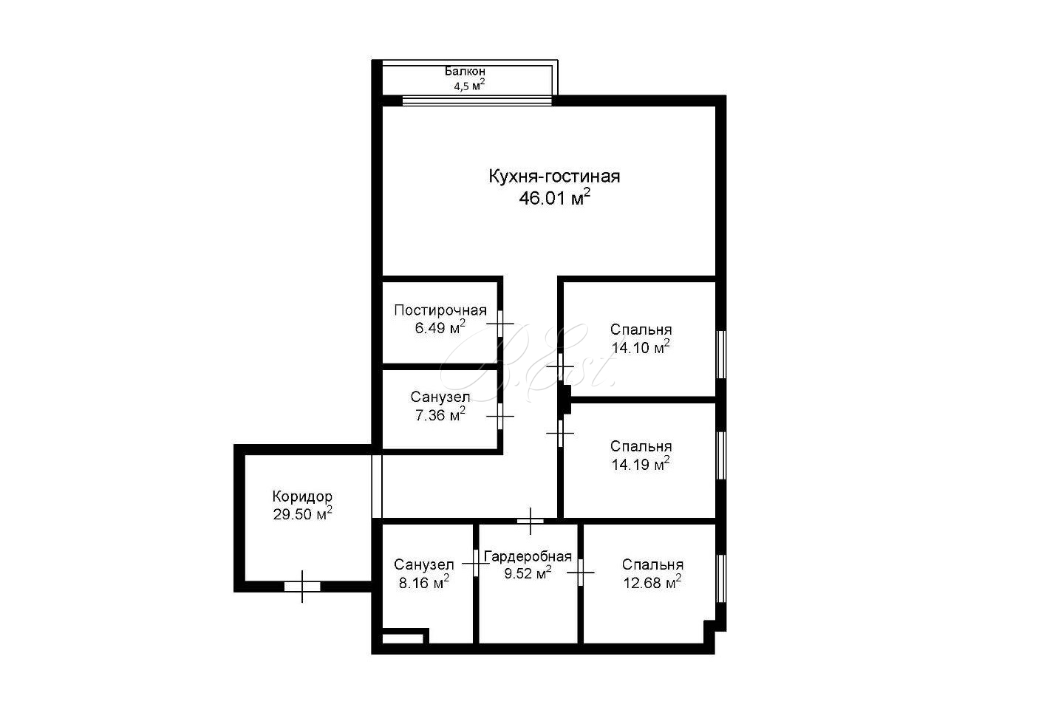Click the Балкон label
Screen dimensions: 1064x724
click(x=465, y=71)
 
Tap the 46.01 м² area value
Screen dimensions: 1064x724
click(x=554, y=197)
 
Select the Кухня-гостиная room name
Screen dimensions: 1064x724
click(x=554, y=177)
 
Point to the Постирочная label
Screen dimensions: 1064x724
click(x=440, y=310)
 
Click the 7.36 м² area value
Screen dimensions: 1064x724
click(x=440, y=414)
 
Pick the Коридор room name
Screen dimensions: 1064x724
click(x=302, y=496)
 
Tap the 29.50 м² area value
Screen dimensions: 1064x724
click(x=302, y=513)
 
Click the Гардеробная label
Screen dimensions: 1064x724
click(x=528, y=556)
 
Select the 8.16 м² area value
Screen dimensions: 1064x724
click(x=423, y=582)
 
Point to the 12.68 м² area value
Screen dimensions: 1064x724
click(x=652, y=582)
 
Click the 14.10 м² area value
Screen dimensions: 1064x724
click(x=641, y=347)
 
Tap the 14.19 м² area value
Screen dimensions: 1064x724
click(x=641, y=464)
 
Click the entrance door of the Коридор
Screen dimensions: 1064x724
click(x=302, y=587)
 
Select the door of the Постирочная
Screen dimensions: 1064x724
click(x=499, y=324)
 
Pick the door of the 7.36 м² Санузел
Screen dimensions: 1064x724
click(x=499, y=416)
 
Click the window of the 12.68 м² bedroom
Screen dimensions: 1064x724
click(x=720, y=578)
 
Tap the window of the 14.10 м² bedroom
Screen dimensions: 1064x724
click(x=720, y=355)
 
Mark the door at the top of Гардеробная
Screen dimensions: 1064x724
click(x=530, y=521)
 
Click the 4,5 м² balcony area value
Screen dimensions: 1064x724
click(x=469, y=86)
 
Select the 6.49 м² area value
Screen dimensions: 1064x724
click(x=440, y=327)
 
